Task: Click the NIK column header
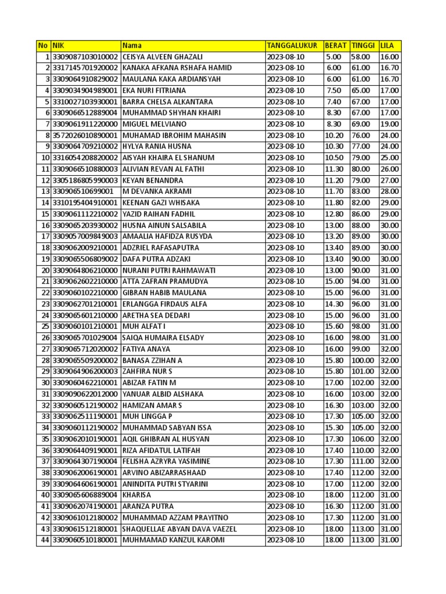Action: point(58,46)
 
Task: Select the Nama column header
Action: point(132,46)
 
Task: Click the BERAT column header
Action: point(336,46)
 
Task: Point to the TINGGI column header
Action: point(364,46)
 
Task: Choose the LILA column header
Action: point(387,46)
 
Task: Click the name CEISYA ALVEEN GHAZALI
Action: point(163,57)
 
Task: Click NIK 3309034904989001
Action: point(85,90)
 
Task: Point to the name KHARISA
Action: point(136,495)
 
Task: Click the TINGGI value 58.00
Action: point(361,57)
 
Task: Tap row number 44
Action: point(45,540)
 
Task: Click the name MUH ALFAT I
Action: point(144,327)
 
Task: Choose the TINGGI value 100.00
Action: point(363,360)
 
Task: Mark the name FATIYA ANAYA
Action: point(146,349)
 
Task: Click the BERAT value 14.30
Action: point(335,304)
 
